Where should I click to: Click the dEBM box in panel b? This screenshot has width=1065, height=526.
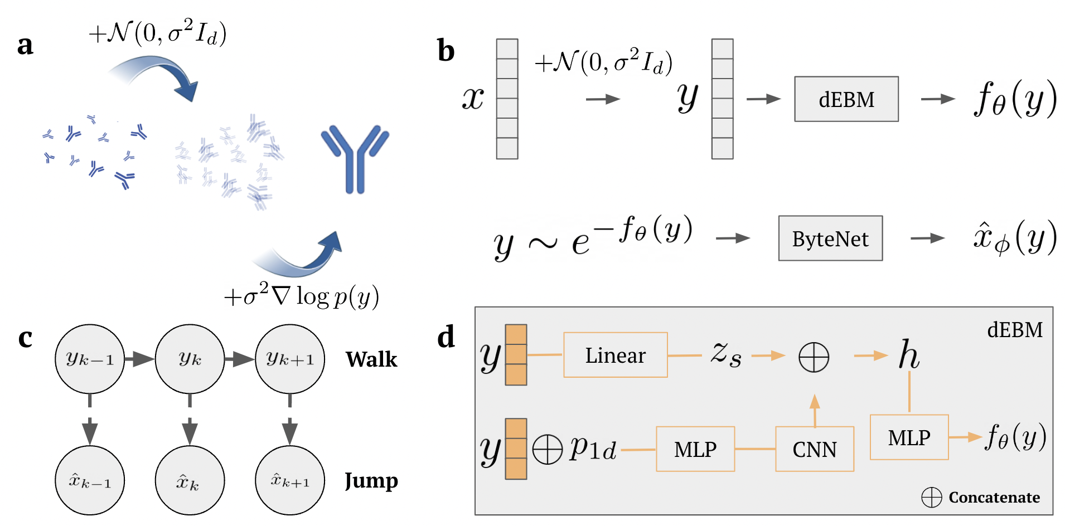(846, 99)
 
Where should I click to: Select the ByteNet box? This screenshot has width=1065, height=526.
(830, 238)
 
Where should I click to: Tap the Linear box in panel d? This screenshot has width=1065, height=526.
(615, 355)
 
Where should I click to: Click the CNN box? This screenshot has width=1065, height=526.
(814, 449)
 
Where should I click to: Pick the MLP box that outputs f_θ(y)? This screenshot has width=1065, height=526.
(909, 437)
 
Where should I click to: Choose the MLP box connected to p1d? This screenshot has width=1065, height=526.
(695, 449)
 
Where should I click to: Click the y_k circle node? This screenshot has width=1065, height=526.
(190, 359)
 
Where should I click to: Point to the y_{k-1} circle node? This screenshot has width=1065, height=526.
(89, 359)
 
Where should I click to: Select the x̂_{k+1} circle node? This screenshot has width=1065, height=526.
(289, 480)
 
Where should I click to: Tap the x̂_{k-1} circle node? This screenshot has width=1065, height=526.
(89, 480)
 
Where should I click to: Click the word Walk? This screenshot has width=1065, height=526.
(371, 359)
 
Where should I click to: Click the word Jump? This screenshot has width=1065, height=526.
(371, 480)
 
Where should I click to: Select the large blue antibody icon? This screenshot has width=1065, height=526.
(355, 159)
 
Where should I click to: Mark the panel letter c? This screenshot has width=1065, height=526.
(25, 338)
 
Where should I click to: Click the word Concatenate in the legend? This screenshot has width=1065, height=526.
(994, 497)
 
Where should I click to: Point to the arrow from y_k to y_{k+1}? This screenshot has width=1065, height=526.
(240, 359)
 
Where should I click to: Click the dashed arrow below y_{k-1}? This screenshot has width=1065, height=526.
(89, 421)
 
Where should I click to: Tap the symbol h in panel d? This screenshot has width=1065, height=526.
(909, 355)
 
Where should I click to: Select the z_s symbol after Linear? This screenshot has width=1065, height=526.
(726, 355)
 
